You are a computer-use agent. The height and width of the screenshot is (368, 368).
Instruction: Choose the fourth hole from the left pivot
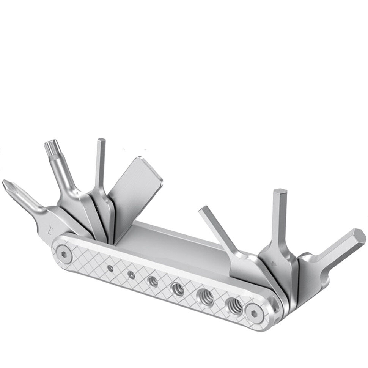(177, 288)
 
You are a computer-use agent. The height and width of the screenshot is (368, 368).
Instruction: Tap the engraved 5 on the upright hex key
(274, 263)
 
